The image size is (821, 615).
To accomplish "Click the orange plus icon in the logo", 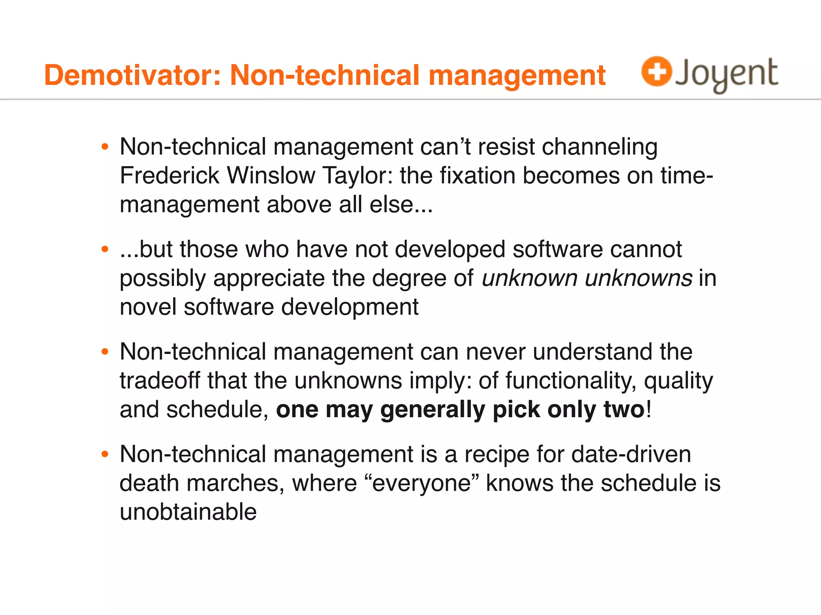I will [x=656, y=71].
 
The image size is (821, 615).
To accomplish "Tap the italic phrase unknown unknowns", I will [x=586, y=278].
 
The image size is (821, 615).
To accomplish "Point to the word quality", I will [x=678, y=381].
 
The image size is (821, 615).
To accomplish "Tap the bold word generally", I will [x=433, y=410].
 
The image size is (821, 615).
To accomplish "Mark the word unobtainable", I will [x=188, y=512].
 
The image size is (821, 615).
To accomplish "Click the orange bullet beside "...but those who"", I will [x=105, y=249].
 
